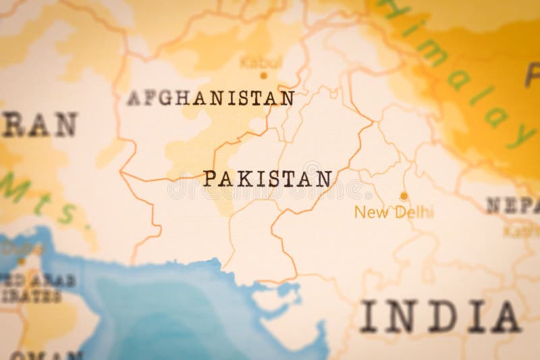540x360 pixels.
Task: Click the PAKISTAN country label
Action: [268, 178]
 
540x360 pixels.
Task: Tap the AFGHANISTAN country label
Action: [211, 98]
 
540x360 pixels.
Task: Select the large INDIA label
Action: [440, 316]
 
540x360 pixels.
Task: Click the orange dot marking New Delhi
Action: [404, 196]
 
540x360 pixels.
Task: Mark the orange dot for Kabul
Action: [263, 75]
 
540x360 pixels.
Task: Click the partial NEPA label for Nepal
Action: [513, 205]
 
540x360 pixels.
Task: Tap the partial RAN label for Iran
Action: [39, 125]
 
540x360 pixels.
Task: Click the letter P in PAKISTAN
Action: [210, 178]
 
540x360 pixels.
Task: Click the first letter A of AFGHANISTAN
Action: [133, 98]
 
